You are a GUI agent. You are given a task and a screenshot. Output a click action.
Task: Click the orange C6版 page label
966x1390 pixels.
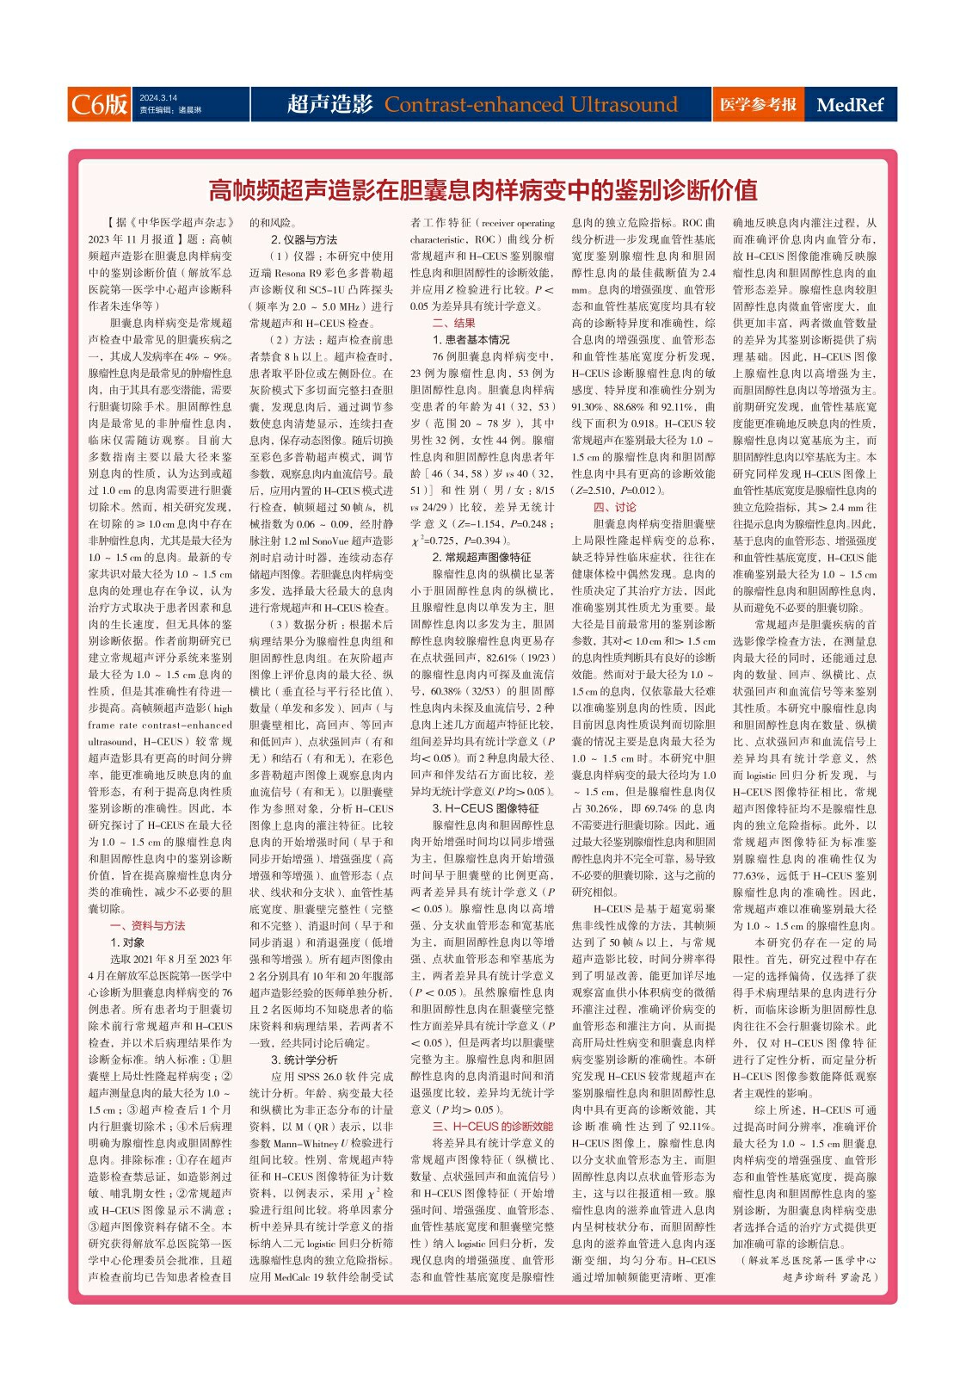[99, 104]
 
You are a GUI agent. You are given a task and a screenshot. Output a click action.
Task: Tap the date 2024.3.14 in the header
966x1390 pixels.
[158, 98]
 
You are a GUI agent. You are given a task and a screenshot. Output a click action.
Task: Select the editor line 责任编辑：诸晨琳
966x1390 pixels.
[170, 111]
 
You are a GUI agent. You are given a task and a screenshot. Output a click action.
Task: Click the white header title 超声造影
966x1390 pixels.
[329, 104]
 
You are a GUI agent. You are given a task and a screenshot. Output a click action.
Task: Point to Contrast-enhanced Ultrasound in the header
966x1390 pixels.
[531, 104]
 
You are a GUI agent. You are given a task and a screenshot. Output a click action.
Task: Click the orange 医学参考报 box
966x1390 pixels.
[758, 104]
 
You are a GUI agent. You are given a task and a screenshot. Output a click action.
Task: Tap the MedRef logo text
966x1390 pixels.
[850, 105]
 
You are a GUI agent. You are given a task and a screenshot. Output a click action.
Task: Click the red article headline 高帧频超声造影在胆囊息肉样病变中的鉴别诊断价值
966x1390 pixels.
[483, 189]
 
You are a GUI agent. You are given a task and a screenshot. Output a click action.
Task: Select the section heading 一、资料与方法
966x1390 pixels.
[147, 925]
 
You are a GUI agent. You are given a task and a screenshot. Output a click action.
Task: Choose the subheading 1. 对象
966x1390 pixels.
[127, 942]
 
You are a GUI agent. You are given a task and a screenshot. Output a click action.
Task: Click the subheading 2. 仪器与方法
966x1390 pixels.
[304, 239]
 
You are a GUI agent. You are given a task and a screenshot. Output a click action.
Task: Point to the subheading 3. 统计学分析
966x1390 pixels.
[304, 1059]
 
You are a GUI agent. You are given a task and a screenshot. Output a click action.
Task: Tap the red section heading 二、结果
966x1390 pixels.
[453, 323]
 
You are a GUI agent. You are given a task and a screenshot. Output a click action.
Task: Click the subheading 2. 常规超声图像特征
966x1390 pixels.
[481, 557]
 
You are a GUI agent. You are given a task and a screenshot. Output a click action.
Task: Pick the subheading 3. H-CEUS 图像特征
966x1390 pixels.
[485, 808]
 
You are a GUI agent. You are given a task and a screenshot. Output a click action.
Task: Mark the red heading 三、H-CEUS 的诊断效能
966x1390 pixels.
[492, 1126]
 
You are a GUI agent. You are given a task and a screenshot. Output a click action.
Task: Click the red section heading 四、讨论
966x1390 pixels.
[615, 507]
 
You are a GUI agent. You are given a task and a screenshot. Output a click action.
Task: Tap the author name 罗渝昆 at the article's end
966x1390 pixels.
[858, 1276]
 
